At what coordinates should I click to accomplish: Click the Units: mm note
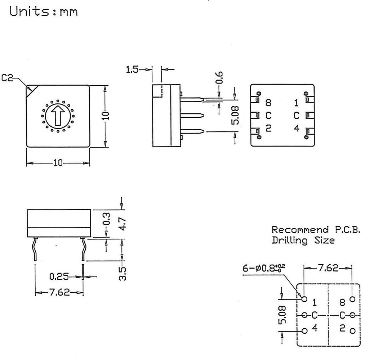pos(44,12)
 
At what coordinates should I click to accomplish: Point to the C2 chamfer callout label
pos(7,77)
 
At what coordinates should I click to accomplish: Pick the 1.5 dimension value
pos(132,69)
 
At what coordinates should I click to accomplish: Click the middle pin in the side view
pos(193,116)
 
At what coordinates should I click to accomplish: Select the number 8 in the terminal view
pos(268,103)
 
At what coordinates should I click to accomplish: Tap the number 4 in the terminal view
pos(297,128)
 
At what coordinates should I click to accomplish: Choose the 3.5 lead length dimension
pos(123,274)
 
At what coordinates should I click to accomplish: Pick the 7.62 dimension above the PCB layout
pos(328,268)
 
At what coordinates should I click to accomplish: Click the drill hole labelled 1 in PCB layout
pos(304,299)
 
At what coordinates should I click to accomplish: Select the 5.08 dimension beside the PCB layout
pos(283,315)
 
